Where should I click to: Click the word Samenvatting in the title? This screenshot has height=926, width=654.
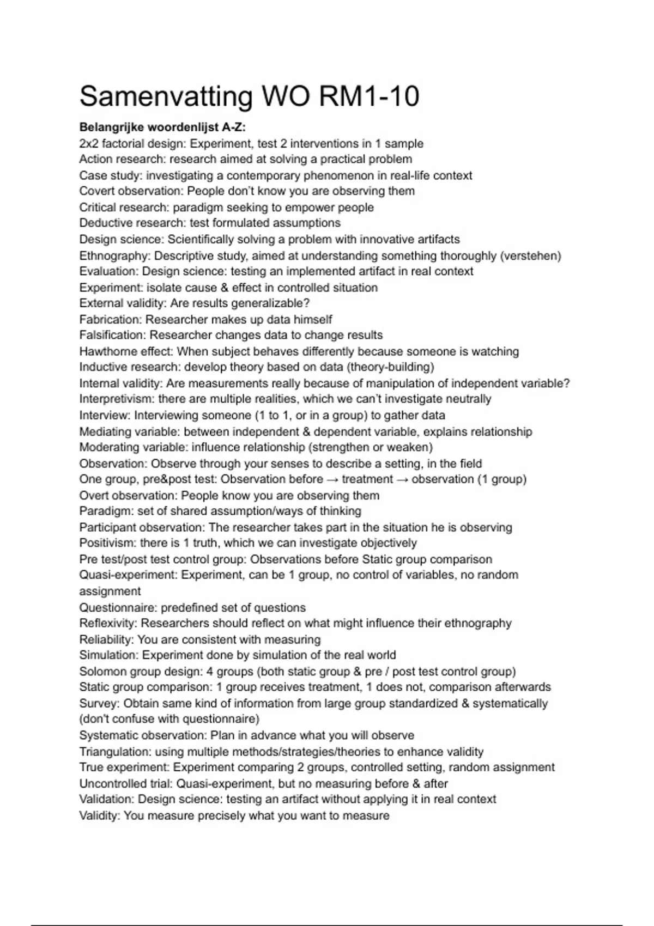click(166, 97)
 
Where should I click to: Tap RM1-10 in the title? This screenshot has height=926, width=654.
click(369, 96)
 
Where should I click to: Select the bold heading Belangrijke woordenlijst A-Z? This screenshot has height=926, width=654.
click(162, 127)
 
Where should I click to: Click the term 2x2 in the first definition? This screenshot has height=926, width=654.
click(89, 144)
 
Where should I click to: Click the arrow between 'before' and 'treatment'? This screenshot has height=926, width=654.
click(332, 479)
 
